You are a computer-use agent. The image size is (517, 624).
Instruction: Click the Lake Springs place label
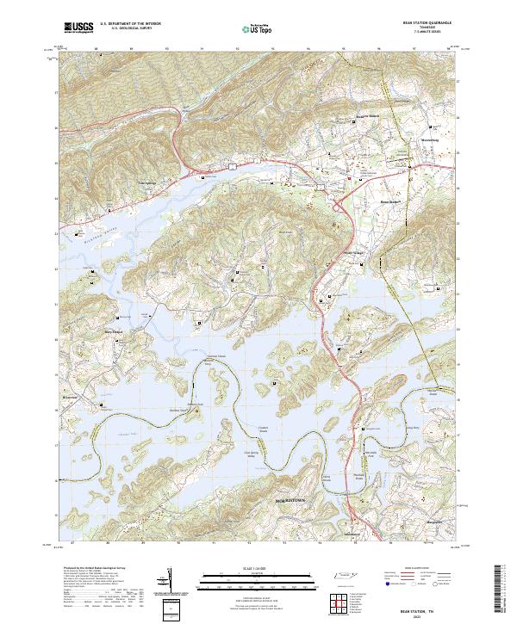pyautogui.click(x=126, y=182)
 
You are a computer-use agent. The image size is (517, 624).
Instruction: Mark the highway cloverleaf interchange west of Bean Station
pyautogui.click(x=337, y=205)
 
